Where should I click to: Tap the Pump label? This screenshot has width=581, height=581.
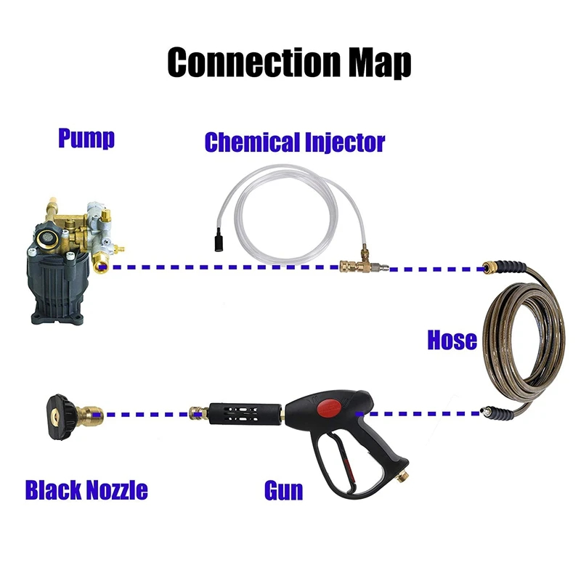pyautogui.click(x=86, y=138)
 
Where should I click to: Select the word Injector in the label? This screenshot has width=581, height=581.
pyautogui.click(x=339, y=142)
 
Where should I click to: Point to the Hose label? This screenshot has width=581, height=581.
pyautogui.click(x=452, y=339)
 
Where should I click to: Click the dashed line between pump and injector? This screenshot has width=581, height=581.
pyautogui.click(x=218, y=267)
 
